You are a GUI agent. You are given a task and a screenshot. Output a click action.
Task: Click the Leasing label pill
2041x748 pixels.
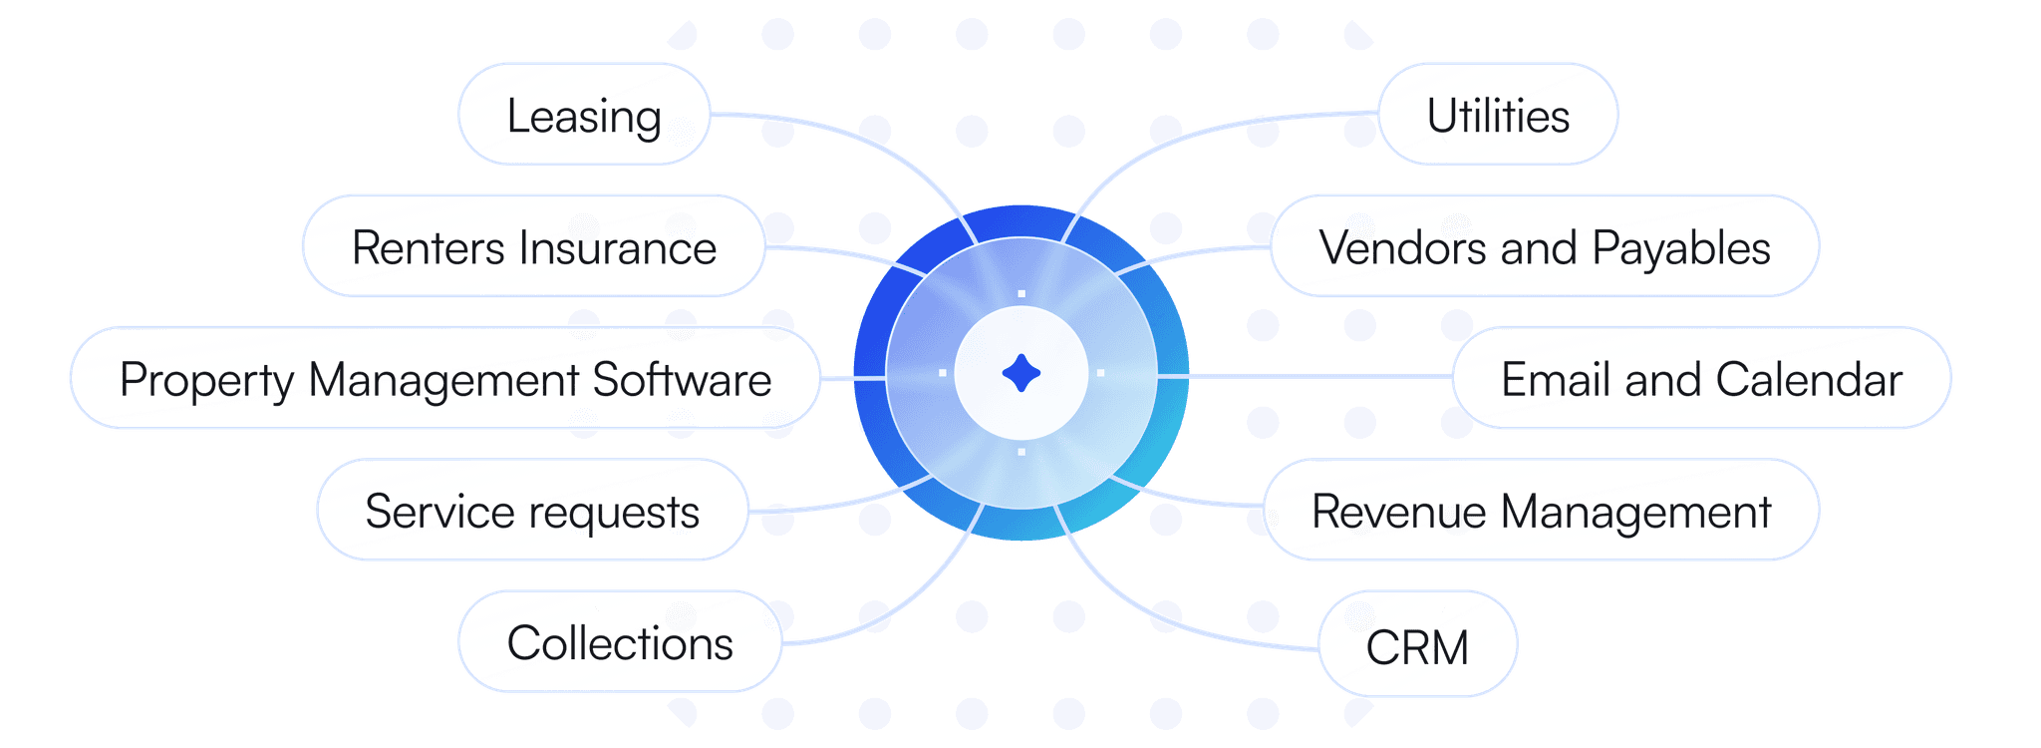pyautogui.click(x=584, y=115)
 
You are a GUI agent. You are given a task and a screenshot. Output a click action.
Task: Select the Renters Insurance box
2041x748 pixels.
pyautogui.click(x=534, y=246)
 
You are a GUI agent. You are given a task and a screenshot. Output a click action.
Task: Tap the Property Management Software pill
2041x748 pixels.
pyautogui.click(x=444, y=379)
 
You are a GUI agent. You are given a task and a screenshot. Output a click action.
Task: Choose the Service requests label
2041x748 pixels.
pyautogui.click(x=532, y=511)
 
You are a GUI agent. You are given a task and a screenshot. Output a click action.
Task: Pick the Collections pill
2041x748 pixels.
pyautogui.click(x=619, y=642)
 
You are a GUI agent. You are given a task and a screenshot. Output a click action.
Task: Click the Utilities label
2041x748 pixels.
pyautogui.click(x=1497, y=115)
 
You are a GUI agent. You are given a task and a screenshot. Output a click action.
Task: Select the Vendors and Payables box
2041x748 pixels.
pyautogui.click(x=1544, y=246)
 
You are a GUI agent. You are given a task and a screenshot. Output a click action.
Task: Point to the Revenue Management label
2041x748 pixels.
pyautogui.click(x=1541, y=511)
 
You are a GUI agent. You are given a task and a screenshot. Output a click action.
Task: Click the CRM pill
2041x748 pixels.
pyautogui.click(x=1416, y=646)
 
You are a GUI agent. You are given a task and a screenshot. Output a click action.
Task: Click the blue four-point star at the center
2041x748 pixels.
pyautogui.click(x=1020, y=373)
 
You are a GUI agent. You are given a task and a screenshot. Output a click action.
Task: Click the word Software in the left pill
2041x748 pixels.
pyautogui.click(x=682, y=379)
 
